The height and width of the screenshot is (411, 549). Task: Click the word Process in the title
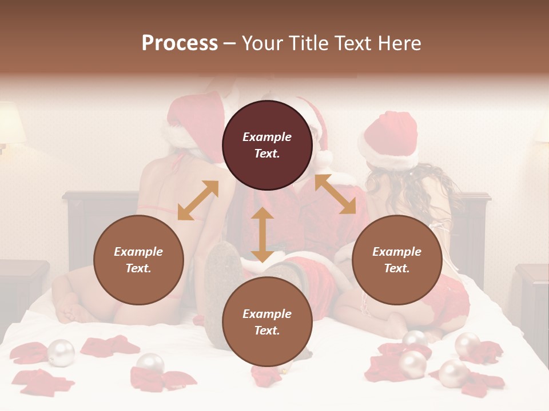click(x=180, y=43)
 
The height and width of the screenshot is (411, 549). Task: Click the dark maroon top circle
click(x=267, y=145)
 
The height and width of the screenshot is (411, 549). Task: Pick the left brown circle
click(x=138, y=260)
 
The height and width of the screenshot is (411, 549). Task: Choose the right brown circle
click(x=397, y=260)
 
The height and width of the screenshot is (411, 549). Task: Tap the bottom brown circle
click(x=267, y=322)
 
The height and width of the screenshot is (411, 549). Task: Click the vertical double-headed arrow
click(x=262, y=235)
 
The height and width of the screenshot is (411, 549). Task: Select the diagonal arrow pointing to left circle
click(x=198, y=200)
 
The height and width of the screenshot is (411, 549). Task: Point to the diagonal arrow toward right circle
click(x=335, y=194)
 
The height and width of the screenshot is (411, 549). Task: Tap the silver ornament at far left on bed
click(x=61, y=352)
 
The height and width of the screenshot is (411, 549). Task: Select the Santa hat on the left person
click(x=192, y=123)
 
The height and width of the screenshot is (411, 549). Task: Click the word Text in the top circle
click(x=267, y=154)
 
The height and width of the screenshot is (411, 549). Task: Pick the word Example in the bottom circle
click(x=267, y=313)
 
